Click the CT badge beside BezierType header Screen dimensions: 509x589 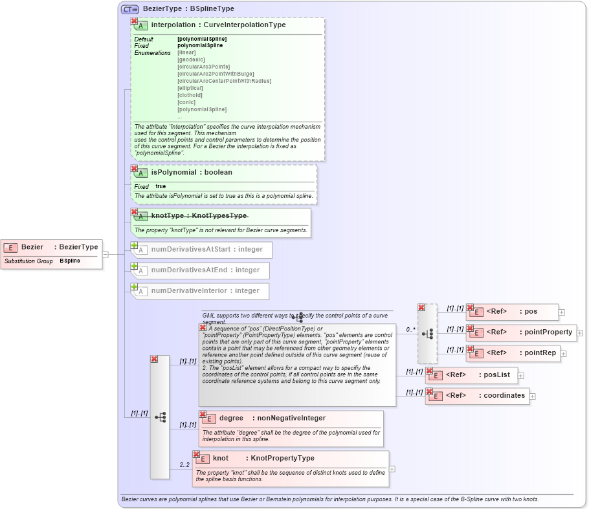click(130, 9)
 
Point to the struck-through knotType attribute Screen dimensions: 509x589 click(199, 215)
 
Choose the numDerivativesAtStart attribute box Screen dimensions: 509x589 click(201, 250)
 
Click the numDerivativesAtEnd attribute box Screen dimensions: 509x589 click(200, 270)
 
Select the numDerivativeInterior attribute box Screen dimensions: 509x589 click(200, 291)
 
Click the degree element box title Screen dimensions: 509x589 click(272, 418)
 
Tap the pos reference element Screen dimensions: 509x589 click(512, 312)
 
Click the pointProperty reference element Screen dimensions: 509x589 click(520, 332)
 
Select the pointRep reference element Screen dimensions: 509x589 click(512, 353)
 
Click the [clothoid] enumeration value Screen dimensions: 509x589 click(190, 95)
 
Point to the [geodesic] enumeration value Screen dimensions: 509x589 click(190, 60)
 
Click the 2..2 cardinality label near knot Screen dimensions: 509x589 click(185, 465)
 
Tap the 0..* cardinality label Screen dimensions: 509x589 click(410, 329)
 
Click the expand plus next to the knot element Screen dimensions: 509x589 click(392, 469)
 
